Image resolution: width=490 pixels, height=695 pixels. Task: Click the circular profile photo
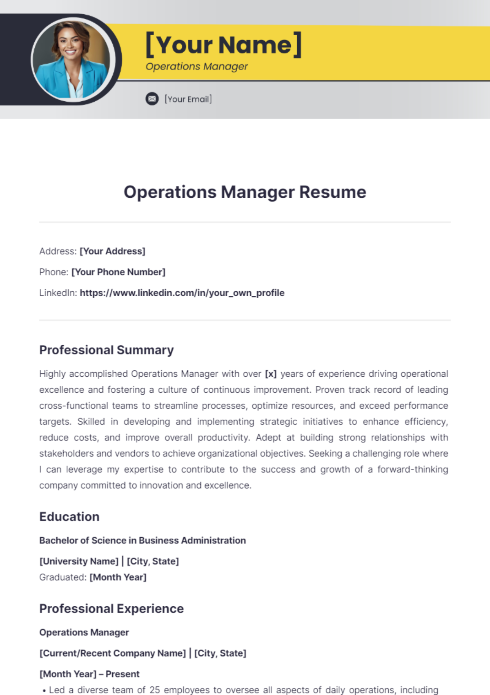72,60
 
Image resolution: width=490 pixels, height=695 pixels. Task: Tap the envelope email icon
152,99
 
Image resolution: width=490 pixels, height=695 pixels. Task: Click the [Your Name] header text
223,45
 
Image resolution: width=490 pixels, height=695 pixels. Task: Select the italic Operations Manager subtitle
196,67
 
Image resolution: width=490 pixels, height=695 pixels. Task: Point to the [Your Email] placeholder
188,99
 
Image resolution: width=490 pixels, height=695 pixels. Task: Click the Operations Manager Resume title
245,192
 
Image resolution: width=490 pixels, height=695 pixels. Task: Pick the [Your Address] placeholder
112,251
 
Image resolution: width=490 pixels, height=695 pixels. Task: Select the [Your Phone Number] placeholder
118,272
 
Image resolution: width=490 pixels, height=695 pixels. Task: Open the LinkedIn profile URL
182,293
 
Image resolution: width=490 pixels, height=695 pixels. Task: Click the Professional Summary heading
106,350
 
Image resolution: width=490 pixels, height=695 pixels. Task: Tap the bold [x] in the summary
271,374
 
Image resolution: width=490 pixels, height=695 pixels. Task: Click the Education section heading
69,517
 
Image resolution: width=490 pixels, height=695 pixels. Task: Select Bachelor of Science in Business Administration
143,541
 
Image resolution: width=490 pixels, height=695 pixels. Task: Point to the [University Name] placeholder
79,561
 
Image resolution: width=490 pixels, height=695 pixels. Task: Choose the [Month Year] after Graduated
118,577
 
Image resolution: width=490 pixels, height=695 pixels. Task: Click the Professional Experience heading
111,609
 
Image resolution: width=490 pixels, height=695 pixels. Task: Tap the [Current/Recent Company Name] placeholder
112,653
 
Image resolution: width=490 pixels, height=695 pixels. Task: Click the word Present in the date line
122,674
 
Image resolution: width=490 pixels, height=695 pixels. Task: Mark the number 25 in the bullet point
154,690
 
